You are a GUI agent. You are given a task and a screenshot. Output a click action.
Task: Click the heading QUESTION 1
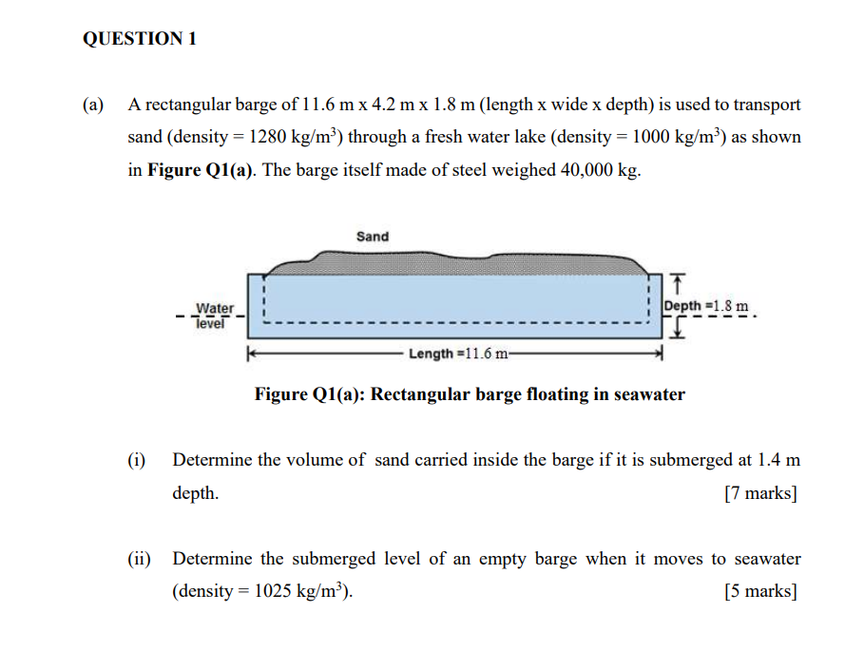click(140, 39)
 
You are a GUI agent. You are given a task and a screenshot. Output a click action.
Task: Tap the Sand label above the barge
click(373, 237)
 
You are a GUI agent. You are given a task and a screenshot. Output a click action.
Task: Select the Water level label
click(215, 316)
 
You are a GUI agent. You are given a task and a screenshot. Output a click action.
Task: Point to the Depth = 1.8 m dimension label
click(706, 306)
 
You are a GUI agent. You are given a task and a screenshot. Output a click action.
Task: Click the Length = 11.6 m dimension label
click(458, 354)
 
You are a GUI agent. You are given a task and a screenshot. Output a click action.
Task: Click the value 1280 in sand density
click(267, 137)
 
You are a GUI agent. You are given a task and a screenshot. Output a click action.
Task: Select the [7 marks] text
click(760, 492)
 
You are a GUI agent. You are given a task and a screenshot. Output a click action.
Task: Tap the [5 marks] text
click(760, 591)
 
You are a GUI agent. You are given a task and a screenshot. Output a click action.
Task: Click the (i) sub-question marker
click(136, 460)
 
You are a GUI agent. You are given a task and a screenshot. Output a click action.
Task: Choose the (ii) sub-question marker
click(139, 558)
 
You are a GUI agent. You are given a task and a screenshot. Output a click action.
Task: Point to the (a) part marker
click(93, 104)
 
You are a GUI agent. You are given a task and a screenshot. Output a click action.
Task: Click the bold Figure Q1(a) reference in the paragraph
click(200, 170)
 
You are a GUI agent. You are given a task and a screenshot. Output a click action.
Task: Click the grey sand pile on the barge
click(458, 264)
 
